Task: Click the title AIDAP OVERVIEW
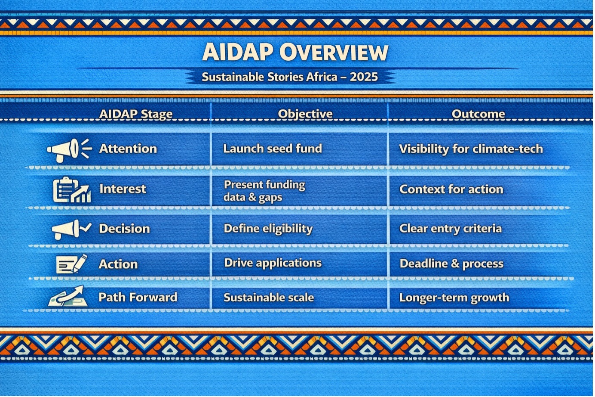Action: pos(295,52)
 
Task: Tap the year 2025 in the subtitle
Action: pos(364,77)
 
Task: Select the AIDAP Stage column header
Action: pos(136,114)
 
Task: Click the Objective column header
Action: pos(305,114)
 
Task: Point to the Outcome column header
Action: pos(478,114)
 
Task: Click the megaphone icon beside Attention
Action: pos(69,150)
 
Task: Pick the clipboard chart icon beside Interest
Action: pos(72,190)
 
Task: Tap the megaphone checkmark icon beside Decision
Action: pos(71,230)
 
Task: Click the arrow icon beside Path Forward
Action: pos(67,296)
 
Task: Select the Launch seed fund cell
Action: pos(273,149)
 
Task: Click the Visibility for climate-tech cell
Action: pos(471,149)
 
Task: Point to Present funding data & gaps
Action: pos(264,191)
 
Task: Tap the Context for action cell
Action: pos(451,189)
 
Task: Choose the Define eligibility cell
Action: pos(268,229)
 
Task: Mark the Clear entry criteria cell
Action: pos(451,229)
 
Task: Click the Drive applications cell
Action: pos(273,264)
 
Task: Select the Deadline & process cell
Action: pos(451,264)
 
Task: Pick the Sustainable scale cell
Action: pos(269,298)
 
